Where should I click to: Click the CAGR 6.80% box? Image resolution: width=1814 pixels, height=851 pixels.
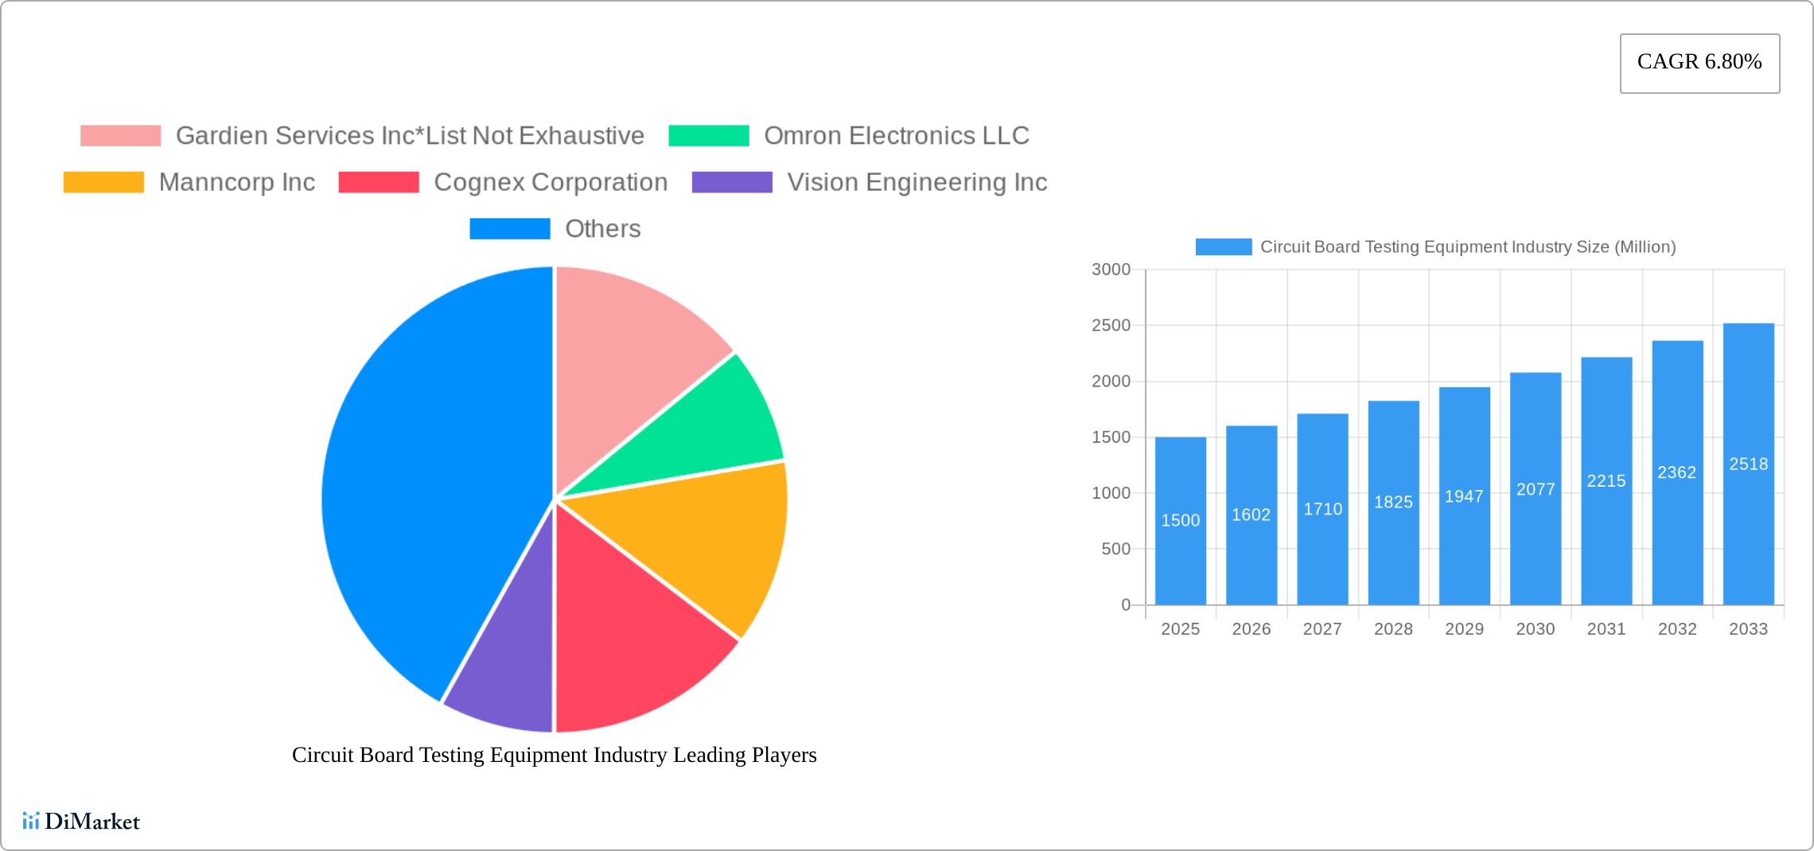pyautogui.click(x=1699, y=63)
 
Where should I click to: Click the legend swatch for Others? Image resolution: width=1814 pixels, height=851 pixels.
pyautogui.click(x=510, y=229)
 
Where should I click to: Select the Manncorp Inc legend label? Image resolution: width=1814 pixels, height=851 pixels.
pyautogui.click(x=237, y=182)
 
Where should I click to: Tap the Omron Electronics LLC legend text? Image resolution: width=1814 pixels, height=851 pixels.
pyautogui.click(x=896, y=136)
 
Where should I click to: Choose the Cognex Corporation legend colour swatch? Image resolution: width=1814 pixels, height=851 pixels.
pyautogui.click(x=379, y=182)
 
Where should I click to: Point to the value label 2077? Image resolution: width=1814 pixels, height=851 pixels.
pyautogui.click(x=1535, y=489)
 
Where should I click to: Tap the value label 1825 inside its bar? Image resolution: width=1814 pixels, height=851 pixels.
pyautogui.click(x=1393, y=502)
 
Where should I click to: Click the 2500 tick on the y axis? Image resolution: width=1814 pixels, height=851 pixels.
pyautogui.click(x=1111, y=325)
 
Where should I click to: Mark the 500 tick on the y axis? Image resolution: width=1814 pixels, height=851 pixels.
pyautogui.click(x=1115, y=549)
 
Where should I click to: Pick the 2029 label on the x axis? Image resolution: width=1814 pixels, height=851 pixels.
pyautogui.click(x=1464, y=629)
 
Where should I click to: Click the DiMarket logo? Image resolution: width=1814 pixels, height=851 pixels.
pyautogui.click(x=81, y=821)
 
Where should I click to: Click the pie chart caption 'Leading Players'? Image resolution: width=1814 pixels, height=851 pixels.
pyautogui.click(x=554, y=755)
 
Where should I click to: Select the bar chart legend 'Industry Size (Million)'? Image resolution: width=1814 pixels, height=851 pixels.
pyautogui.click(x=1467, y=247)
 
